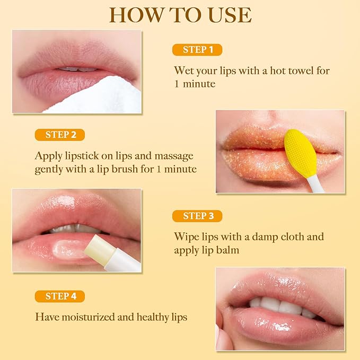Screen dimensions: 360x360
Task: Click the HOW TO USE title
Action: (x=180, y=15)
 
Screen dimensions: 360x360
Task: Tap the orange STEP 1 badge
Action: (x=197, y=50)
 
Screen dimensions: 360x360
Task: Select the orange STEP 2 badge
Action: (x=60, y=135)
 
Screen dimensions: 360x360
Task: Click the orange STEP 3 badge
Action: (x=197, y=216)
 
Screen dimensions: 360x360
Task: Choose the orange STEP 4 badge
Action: (x=60, y=296)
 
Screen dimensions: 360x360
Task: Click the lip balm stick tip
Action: (x=95, y=245)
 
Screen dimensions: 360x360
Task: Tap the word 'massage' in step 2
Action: (x=175, y=156)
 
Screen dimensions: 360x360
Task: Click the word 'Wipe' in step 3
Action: (x=185, y=236)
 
